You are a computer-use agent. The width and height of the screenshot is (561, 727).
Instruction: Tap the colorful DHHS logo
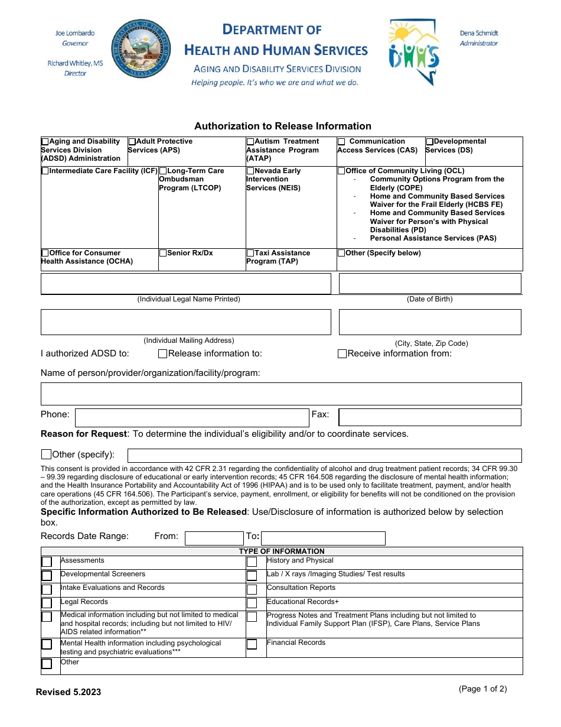click(414, 51)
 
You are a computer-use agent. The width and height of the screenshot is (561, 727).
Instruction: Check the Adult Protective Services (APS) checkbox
click(132, 142)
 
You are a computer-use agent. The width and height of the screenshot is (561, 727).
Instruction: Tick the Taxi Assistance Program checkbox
click(250, 253)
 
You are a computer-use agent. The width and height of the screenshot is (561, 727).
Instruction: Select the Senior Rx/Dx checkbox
click(163, 253)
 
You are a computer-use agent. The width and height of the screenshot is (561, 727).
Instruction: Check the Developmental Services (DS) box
click(430, 142)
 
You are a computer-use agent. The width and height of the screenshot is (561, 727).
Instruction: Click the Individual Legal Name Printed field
click(185, 284)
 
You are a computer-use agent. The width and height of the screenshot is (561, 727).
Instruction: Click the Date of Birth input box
click(430, 284)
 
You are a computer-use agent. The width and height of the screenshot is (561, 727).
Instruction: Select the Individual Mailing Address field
click(185, 322)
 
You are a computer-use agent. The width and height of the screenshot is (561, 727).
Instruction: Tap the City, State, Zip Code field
click(430, 322)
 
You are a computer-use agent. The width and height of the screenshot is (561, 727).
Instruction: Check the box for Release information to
click(163, 354)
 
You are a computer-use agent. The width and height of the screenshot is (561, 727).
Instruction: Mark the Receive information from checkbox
click(342, 354)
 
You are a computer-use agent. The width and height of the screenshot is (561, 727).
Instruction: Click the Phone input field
click(192, 417)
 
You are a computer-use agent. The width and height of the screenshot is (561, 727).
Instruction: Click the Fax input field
click(430, 417)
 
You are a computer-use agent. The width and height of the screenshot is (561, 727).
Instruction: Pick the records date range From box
click(214, 538)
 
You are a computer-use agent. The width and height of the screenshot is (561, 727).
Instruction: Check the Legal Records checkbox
click(47, 603)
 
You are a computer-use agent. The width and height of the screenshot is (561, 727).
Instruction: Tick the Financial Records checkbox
click(252, 644)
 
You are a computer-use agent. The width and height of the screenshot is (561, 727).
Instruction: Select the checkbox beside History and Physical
click(252, 562)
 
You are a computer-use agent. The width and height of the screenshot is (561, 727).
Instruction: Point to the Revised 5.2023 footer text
click(69, 692)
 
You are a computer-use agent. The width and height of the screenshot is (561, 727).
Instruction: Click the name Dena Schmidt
click(479, 33)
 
